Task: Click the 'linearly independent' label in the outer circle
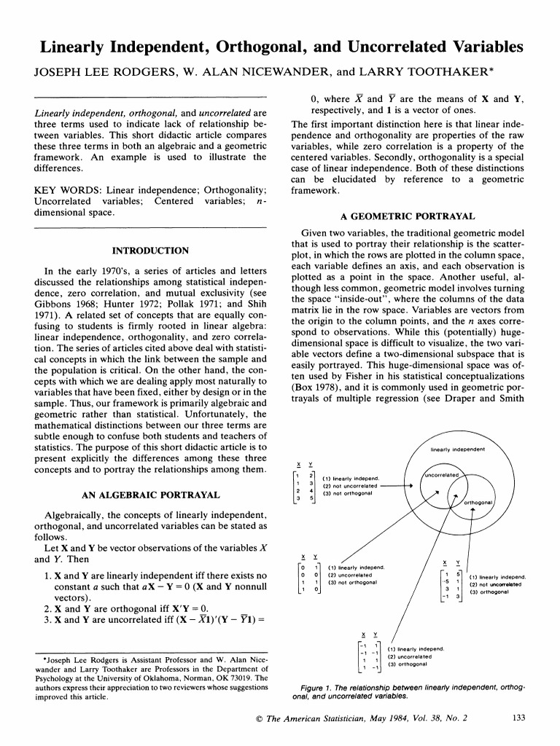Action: [458, 449]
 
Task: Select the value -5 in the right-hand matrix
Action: [445, 581]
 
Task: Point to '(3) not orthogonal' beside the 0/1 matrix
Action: [352, 582]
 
